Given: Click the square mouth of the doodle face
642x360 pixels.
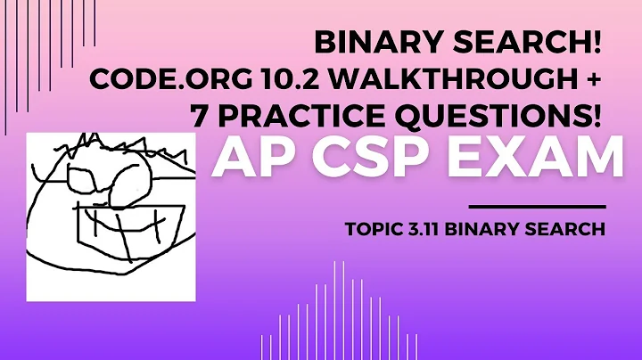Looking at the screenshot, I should pyautogui.click(x=126, y=227).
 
